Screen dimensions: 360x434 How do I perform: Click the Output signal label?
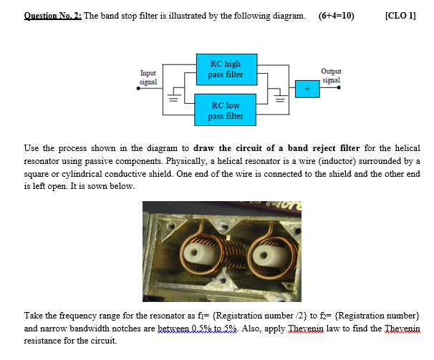331,75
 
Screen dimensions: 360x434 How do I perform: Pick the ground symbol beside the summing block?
281,99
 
